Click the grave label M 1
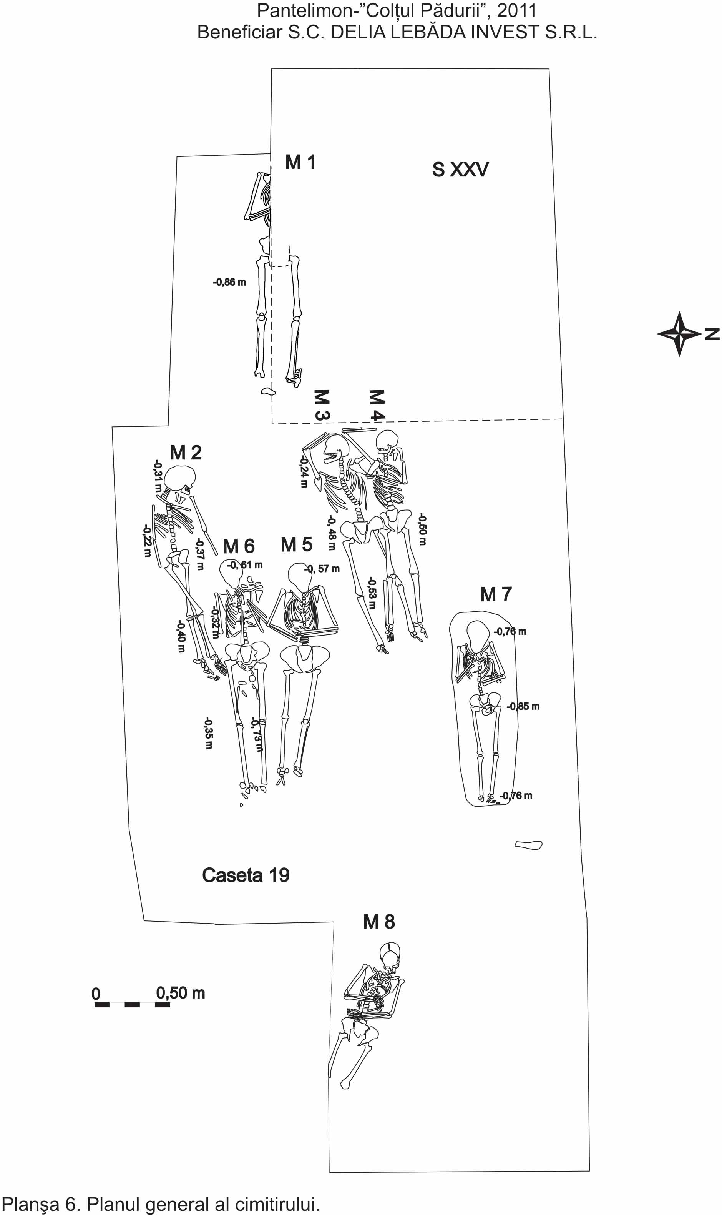[300, 162]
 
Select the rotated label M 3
[322, 404]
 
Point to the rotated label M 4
[377, 404]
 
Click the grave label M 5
[296, 545]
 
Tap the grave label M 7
[496, 594]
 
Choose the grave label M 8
[379, 922]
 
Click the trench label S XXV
[460, 170]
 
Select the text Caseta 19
[246, 875]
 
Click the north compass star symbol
[679, 334]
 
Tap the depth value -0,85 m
[523, 706]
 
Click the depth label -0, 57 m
[322, 569]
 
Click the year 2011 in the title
[517, 11]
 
